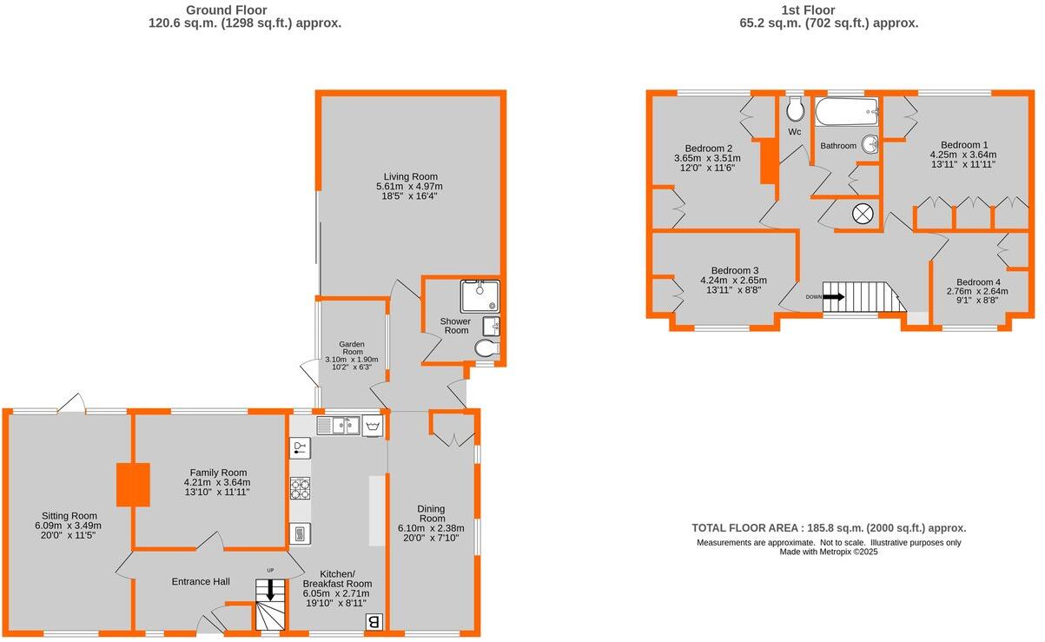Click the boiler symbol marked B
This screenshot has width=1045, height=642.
coord(374,621)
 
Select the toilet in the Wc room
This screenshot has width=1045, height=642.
coord(795,109)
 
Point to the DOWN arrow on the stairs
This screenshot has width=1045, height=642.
coord(832,296)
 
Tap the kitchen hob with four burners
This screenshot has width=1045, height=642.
coord(300,489)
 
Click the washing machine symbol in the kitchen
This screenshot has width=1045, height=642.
coord(374,426)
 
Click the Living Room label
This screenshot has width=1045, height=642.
coord(408,176)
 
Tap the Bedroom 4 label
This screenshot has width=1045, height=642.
coord(978,282)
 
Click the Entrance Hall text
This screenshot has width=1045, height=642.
coord(201,581)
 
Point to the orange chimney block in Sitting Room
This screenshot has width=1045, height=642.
coord(133,484)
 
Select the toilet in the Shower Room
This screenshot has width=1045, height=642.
coord(487,348)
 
